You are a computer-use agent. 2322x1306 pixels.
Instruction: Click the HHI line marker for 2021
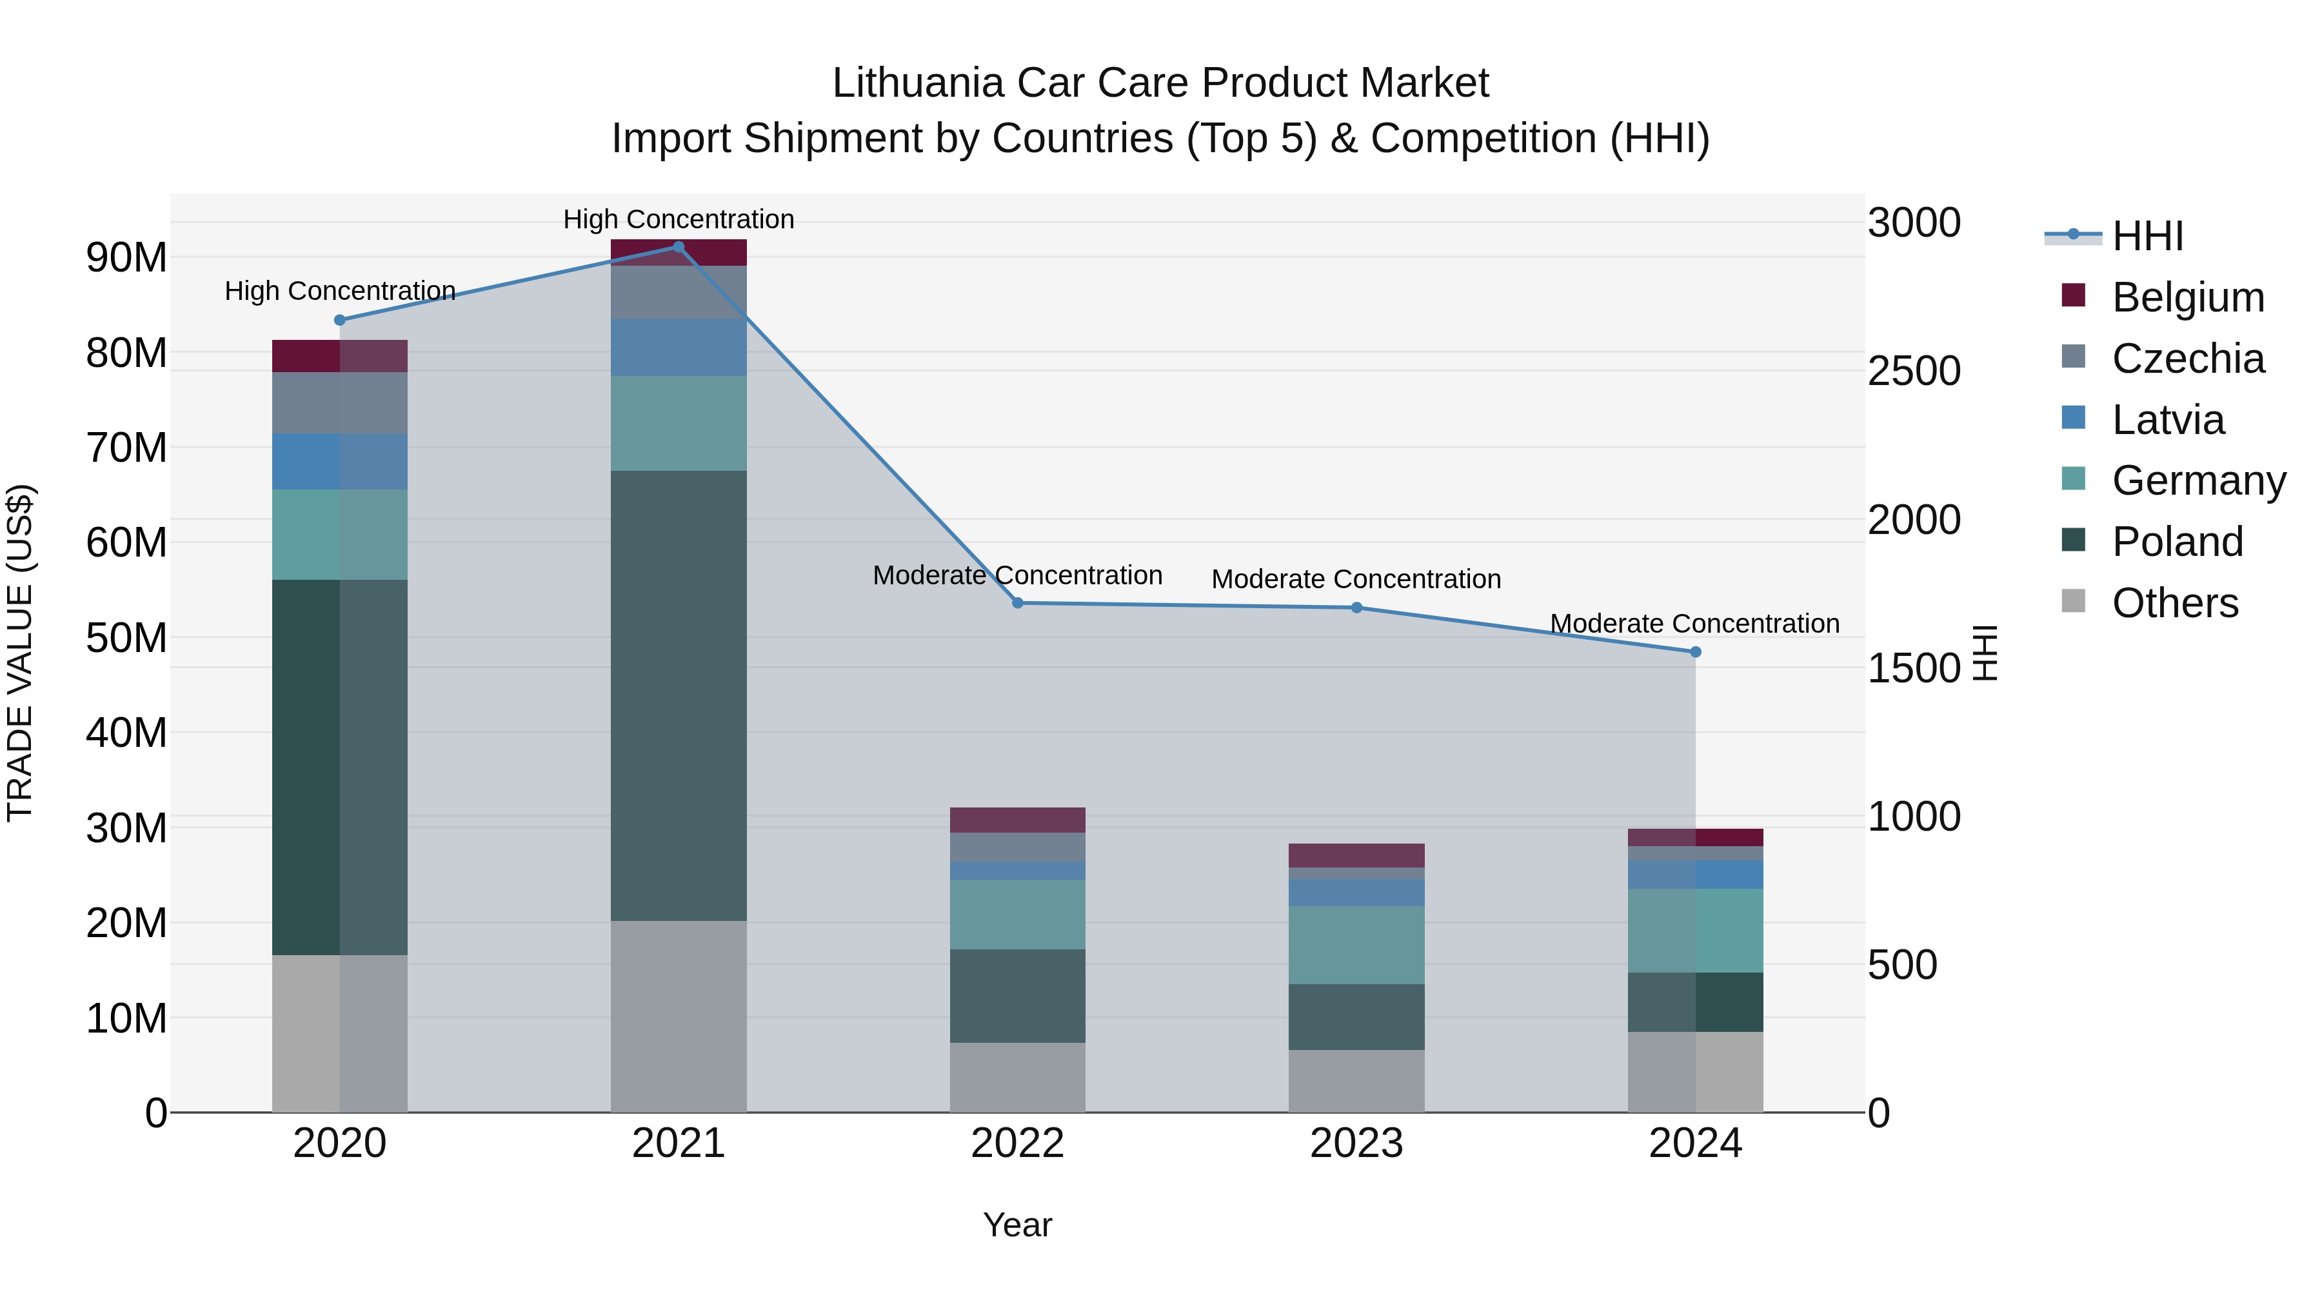679,247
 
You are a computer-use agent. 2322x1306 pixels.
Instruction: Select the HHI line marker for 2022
1018,603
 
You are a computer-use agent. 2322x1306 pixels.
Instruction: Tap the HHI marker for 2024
1696,651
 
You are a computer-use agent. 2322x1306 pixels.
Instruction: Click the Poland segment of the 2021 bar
679,695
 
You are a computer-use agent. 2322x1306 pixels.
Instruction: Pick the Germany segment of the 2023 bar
1356,945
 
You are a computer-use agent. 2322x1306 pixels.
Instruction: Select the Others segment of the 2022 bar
1018,1077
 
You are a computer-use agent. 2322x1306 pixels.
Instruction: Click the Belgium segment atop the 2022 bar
1018,820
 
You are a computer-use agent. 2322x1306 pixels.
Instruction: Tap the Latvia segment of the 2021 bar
679,348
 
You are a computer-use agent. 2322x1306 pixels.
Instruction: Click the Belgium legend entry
2188,297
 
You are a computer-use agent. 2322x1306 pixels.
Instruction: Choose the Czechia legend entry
2188,359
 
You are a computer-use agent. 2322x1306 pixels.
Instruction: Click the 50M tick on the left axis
126,638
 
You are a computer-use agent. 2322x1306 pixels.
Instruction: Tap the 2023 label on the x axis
1356,1143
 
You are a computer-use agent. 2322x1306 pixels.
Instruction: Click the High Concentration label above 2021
679,219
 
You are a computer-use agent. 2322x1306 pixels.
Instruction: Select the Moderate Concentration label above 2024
1694,624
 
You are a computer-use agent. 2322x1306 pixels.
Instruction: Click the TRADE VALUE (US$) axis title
20,653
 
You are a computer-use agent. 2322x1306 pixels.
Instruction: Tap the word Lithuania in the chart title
918,83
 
